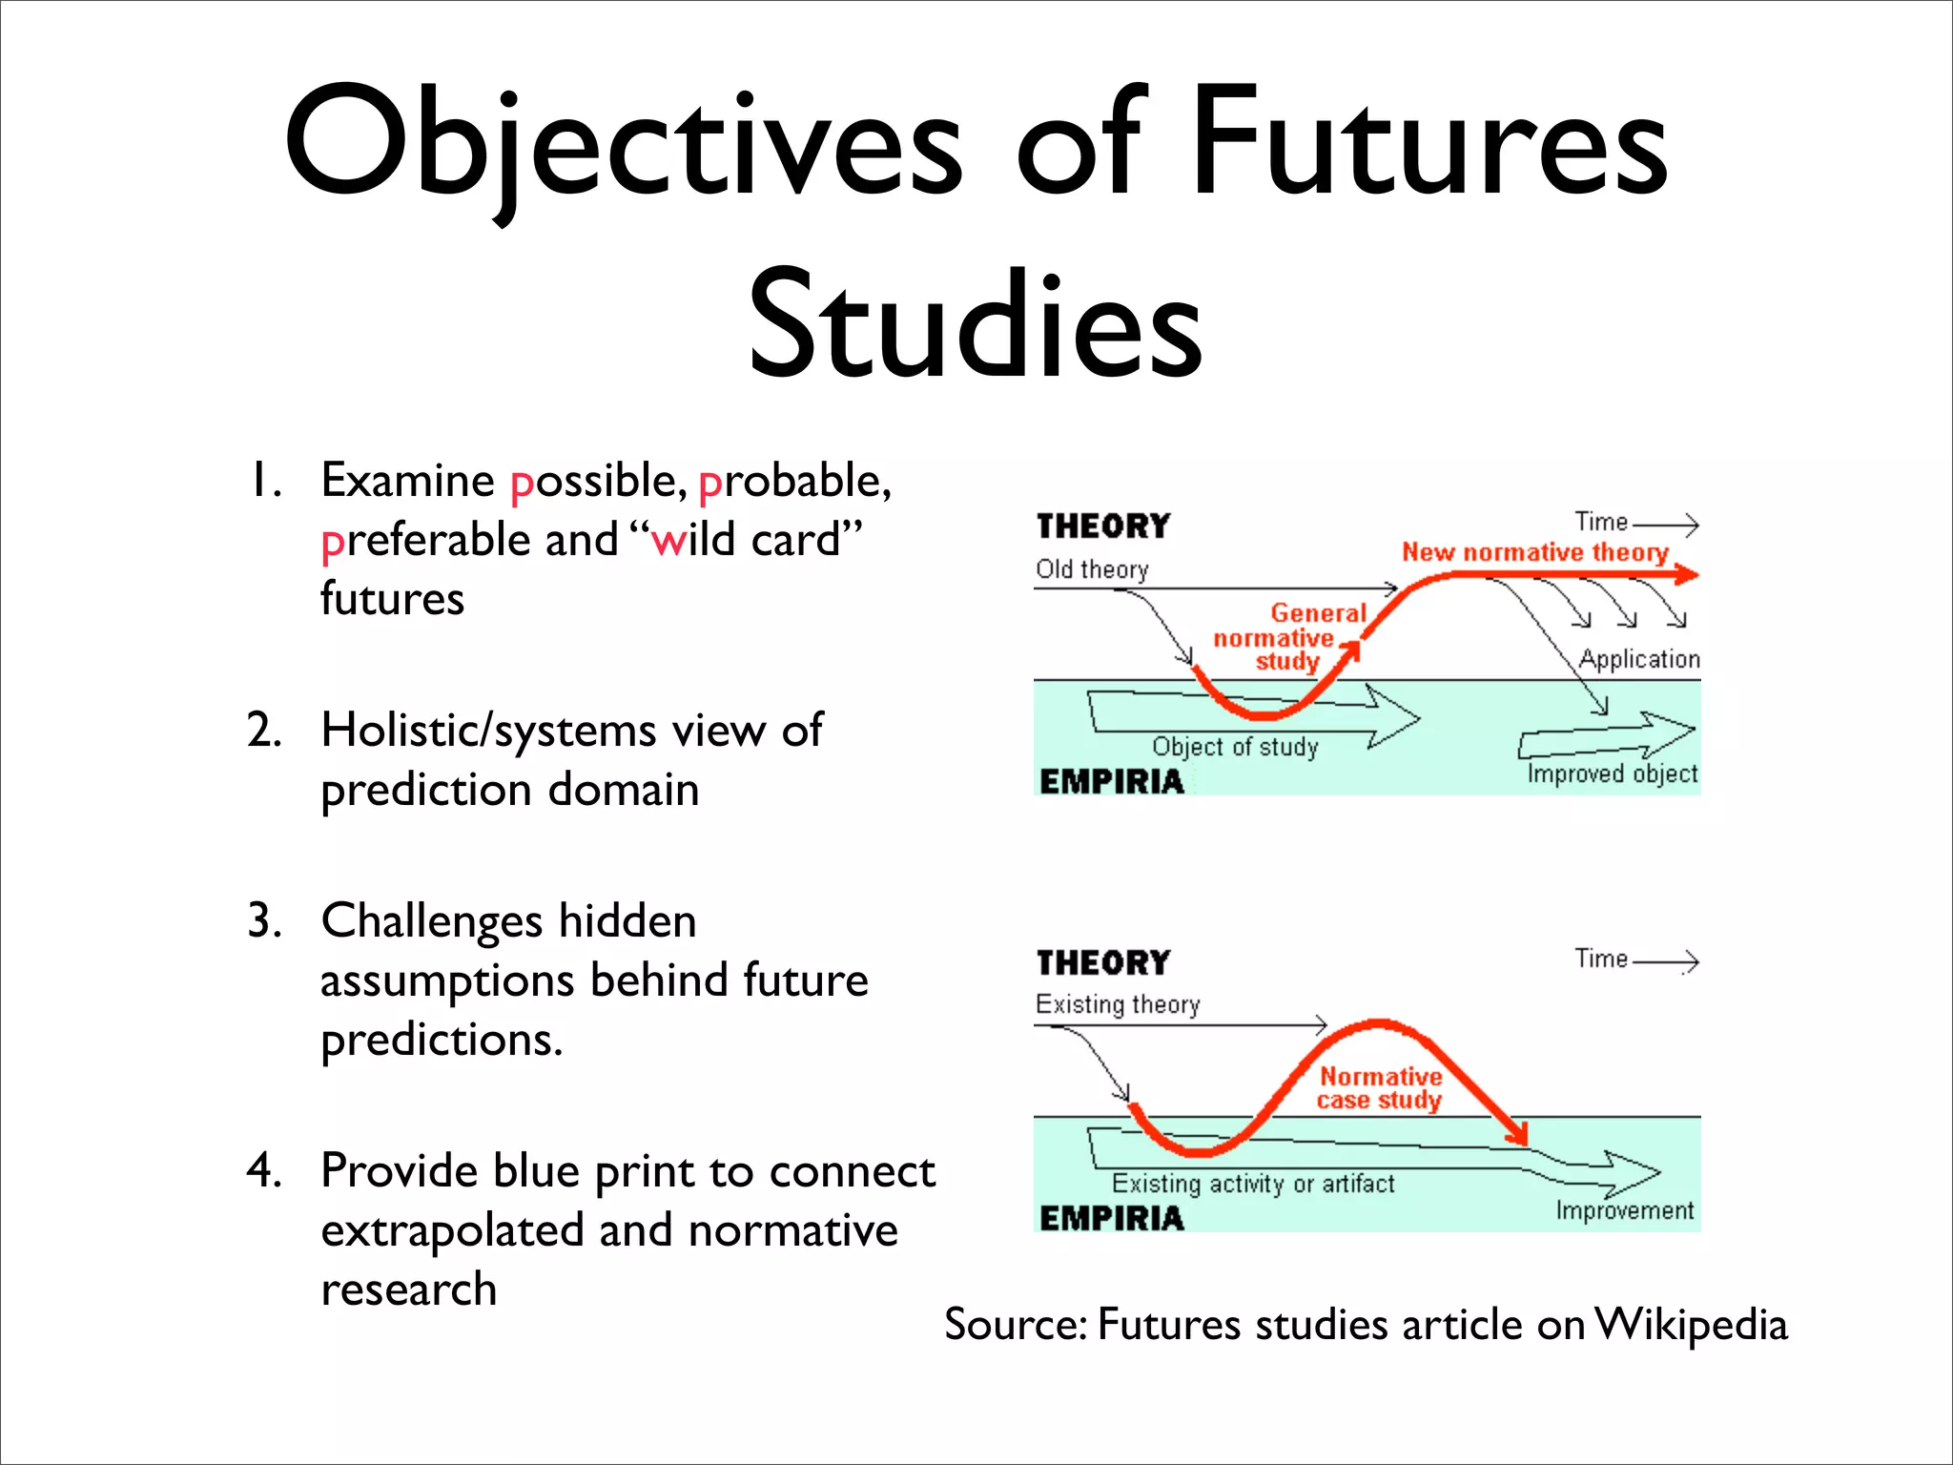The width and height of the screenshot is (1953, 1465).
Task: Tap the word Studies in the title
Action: (975, 324)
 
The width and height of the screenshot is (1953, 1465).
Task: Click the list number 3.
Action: (263, 921)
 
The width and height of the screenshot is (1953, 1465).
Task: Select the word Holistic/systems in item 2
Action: (489, 731)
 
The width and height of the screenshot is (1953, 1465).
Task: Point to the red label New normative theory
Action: (1534, 552)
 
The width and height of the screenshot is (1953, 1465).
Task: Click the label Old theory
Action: (1092, 569)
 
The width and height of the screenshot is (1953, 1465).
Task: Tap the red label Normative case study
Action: (1380, 1088)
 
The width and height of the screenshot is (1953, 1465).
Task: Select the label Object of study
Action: (1235, 747)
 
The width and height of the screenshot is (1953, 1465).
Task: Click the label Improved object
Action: (1612, 774)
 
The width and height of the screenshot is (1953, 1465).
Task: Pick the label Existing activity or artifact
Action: (1253, 1184)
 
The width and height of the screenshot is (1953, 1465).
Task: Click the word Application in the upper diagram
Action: (1639, 659)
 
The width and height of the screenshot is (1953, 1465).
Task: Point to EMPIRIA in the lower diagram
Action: (1111, 1218)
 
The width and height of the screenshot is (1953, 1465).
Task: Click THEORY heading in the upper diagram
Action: (1103, 526)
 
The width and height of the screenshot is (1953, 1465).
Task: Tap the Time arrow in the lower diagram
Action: (1665, 961)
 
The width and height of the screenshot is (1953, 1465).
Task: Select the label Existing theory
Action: (1118, 1004)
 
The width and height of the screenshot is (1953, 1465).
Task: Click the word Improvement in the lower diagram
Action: (1625, 1210)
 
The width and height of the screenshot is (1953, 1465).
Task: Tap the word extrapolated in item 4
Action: (452, 1230)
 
